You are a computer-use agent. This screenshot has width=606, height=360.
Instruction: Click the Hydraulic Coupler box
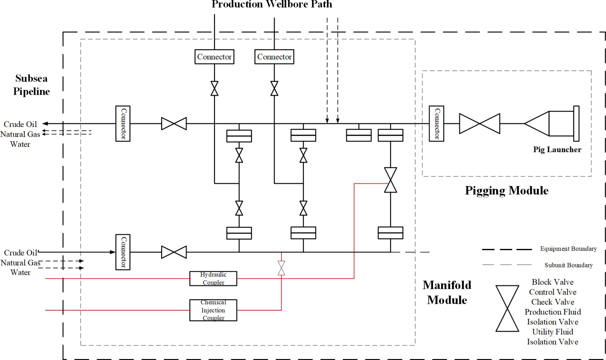click(213, 278)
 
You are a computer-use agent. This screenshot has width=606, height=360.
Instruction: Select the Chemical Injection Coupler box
click(213, 310)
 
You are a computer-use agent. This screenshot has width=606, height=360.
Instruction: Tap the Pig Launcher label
click(557, 149)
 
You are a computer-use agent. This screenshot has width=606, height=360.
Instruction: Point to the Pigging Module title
click(506, 190)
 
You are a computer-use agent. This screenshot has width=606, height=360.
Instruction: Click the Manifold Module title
click(447, 292)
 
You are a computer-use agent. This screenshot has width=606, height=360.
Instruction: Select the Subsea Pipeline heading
click(31, 85)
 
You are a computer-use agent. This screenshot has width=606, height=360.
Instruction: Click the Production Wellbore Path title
click(272, 4)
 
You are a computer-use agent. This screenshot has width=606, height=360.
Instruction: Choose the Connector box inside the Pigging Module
click(436, 123)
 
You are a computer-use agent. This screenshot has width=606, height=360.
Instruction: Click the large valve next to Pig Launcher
click(479, 123)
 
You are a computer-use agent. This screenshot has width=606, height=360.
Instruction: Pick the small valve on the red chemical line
click(281, 268)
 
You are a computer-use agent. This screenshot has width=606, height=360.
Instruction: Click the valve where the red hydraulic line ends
click(390, 180)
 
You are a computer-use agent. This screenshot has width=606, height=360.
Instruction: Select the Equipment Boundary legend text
click(568, 249)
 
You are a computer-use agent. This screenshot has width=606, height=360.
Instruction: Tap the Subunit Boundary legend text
click(568, 265)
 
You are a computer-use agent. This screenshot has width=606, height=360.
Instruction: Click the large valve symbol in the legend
click(507, 308)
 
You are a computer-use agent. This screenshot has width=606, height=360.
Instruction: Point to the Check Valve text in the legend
click(552, 302)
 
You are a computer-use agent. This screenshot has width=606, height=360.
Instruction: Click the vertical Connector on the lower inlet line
click(123, 252)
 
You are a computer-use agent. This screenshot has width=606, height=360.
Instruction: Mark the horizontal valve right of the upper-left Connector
click(174, 123)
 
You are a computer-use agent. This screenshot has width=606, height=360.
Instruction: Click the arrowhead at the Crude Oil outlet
click(45, 123)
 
